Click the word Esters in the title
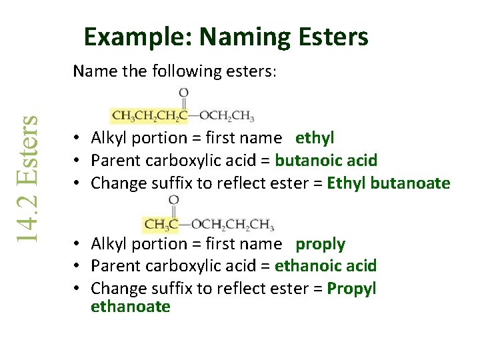[x=335, y=37]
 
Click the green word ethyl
[x=315, y=138]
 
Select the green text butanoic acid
[x=326, y=161]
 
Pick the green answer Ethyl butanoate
[x=389, y=183]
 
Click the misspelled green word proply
[x=321, y=245]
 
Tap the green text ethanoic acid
[x=326, y=266]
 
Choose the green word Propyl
[x=352, y=289]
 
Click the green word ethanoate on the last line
[x=131, y=307]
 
